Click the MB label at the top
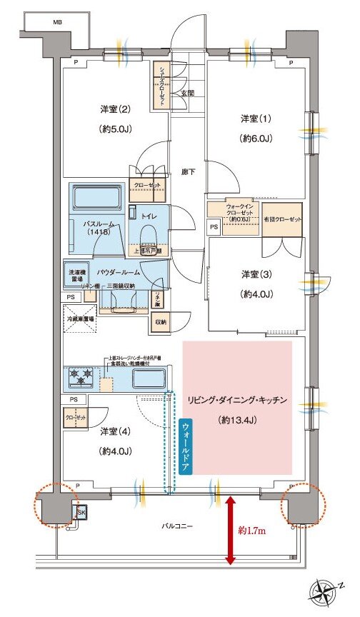coord(56,23)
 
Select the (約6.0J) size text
coord(254,137)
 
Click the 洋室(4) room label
coord(114,431)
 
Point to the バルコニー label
coord(176,526)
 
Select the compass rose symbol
coord(324,592)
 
